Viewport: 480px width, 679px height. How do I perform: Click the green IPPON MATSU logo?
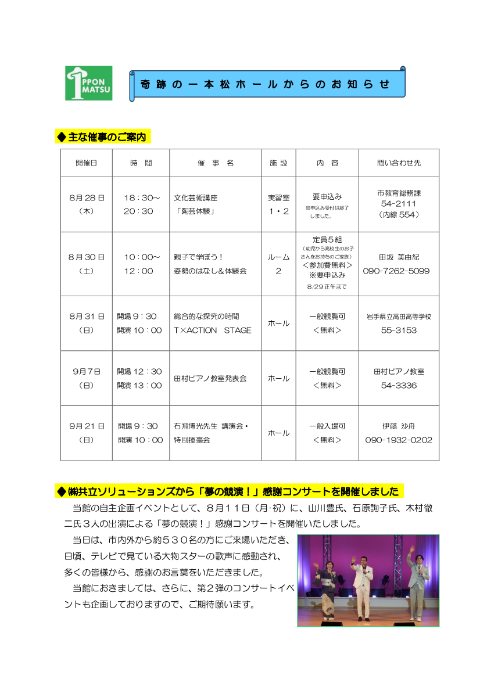click(x=89, y=82)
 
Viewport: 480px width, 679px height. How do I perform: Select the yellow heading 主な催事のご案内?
click(x=102, y=136)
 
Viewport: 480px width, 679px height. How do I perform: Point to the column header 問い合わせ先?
click(x=399, y=163)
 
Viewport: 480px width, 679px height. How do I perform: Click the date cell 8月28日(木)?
click(x=87, y=204)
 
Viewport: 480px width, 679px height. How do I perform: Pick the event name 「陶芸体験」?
click(x=195, y=211)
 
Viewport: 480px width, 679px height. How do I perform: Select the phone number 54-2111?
click(x=399, y=204)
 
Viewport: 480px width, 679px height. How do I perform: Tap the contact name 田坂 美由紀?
click(x=399, y=257)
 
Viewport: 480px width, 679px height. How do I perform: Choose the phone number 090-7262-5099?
click(x=399, y=271)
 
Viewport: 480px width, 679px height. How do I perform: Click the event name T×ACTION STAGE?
click(x=213, y=330)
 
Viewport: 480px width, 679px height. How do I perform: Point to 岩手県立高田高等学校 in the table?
click(x=399, y=317)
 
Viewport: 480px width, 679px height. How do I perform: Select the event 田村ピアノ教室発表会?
click(x=210, y=378)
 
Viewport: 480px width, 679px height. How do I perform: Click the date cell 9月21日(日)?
click(x=87, y=433)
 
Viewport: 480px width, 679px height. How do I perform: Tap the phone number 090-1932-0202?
click(x=399, y=440)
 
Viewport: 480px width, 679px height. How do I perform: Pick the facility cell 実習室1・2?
click(x=278, y=204)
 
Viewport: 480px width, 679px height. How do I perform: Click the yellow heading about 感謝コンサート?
click(x=229, y=491)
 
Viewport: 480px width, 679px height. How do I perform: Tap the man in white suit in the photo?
click(x=363, y=587)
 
